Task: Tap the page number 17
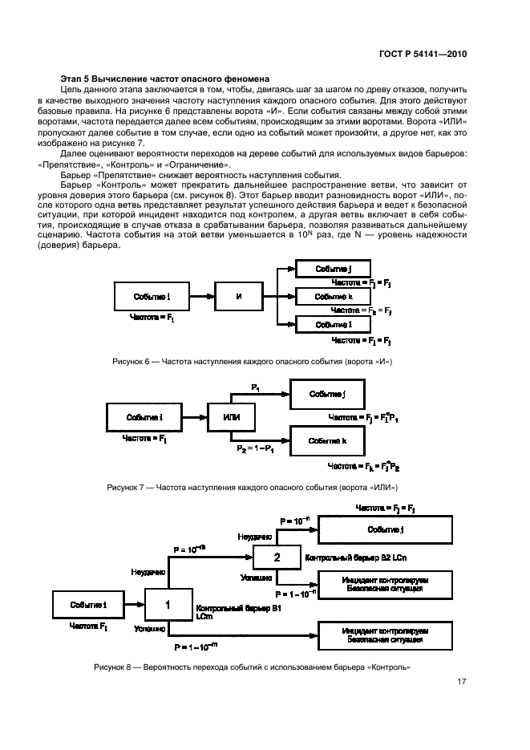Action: (462, 683)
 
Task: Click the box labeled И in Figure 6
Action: (238, 297)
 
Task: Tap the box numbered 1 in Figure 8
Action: (168, 605)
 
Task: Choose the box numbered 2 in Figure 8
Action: (277, 557)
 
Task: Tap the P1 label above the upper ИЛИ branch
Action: (256, 388)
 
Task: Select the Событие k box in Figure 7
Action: (327, 441)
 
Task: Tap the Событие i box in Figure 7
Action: (144, 418)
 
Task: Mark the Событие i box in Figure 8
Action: (88, 604)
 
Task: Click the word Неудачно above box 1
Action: (148, 571)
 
